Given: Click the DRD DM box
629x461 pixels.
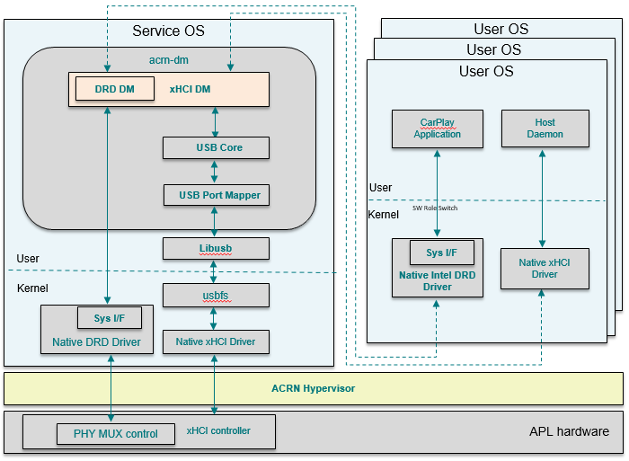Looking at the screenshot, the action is point(115,89).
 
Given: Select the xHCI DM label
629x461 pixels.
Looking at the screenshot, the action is point(190,89).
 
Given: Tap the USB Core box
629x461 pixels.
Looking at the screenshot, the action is point(216,147).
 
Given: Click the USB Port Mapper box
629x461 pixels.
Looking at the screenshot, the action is point(217,195).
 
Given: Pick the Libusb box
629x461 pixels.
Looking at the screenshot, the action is point(216,248).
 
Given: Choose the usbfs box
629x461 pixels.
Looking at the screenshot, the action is point(216,296).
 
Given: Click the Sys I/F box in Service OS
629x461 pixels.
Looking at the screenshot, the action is point(110,318).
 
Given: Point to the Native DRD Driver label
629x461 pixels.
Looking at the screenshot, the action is point(96,341).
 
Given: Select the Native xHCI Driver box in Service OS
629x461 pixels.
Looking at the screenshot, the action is point(216,341).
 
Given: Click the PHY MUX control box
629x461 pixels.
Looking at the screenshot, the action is point(116,434).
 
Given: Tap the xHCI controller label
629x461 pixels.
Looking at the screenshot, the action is point(218,430).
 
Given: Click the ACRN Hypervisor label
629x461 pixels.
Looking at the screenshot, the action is point(314,388).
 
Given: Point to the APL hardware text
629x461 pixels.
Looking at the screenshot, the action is point(569,431).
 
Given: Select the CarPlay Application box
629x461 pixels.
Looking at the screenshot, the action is point(438,129).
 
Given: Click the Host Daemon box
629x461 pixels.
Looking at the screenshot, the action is point(545,129).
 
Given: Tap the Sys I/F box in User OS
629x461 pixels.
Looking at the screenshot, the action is point(442,253).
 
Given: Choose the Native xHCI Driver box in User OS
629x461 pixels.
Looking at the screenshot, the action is point(545,269).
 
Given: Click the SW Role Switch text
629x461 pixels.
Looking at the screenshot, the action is point(435,208).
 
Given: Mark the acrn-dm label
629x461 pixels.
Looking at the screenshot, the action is point(169,60).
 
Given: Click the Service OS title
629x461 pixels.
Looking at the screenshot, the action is point(169,31).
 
